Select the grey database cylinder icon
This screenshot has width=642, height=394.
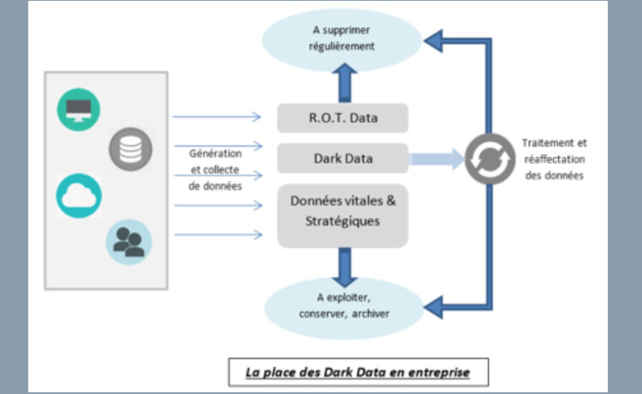tap(130, 149)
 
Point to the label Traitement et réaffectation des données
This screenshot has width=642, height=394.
tap(553, 158)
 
